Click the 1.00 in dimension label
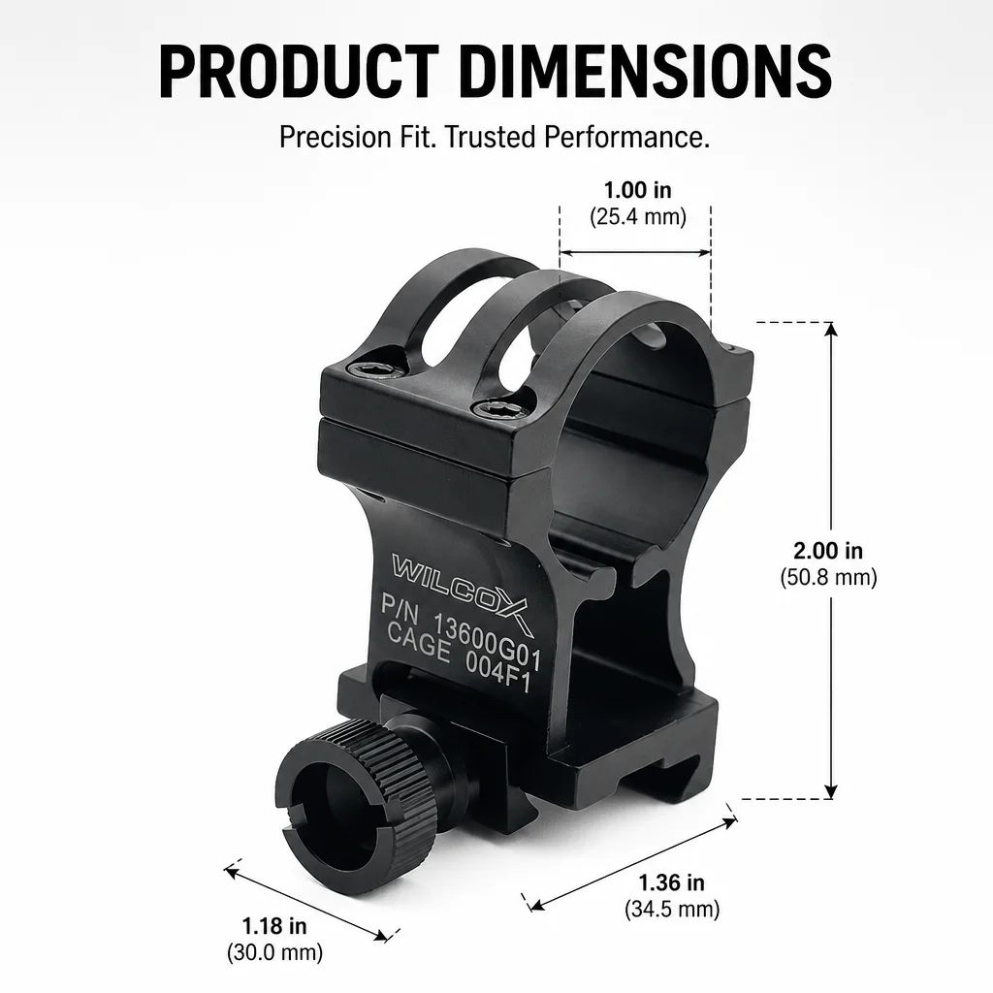pos(637,189)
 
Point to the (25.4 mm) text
pos(638,217)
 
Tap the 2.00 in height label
pos(828,551)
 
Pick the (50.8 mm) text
pos(828,577)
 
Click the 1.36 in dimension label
pos(671,882)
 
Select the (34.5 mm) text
pos(672,910)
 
